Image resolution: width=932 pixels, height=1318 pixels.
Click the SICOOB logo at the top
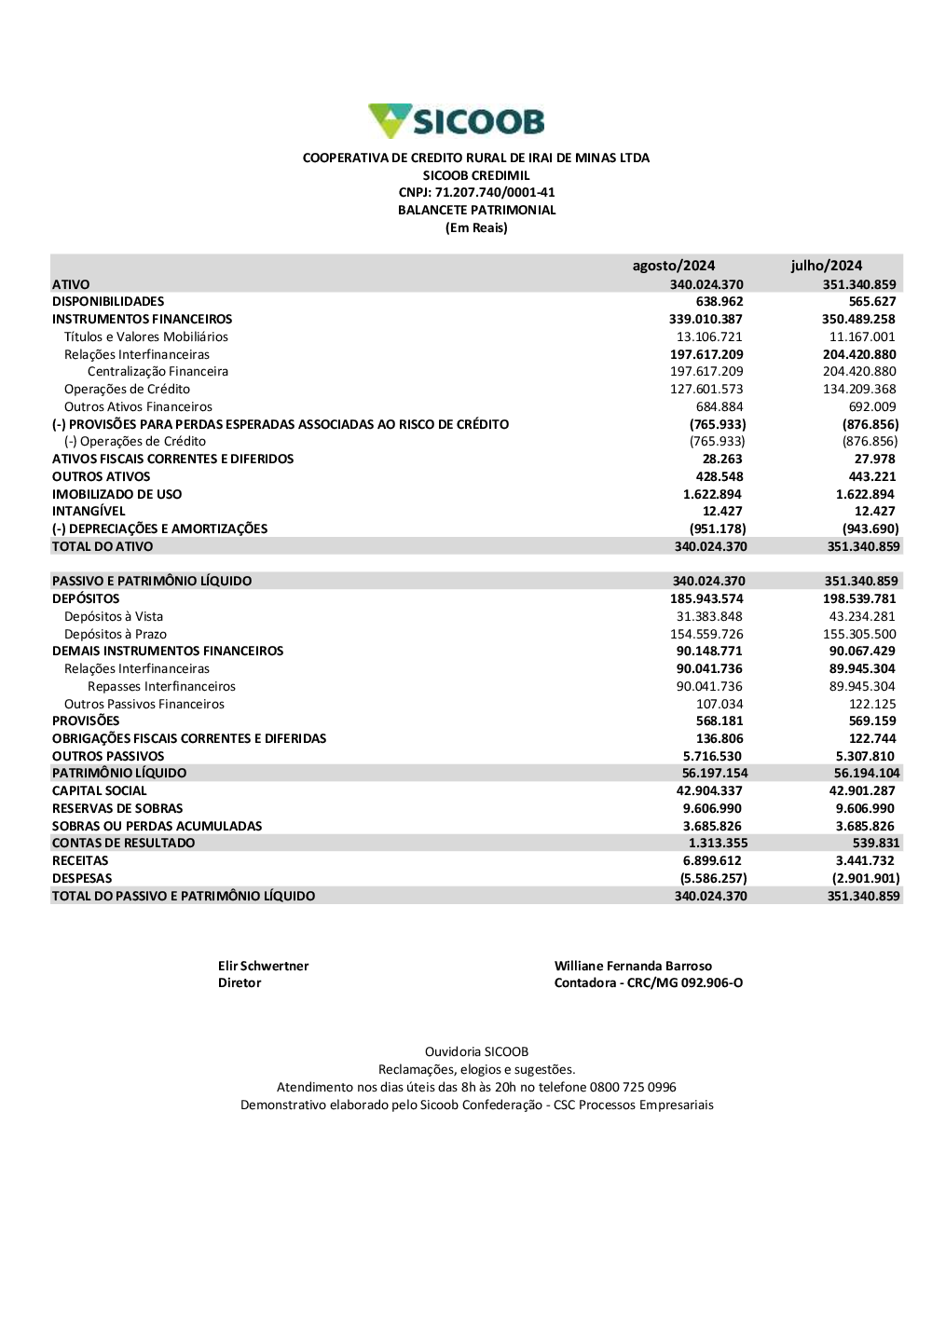point(457,121)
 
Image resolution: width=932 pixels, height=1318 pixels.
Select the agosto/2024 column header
point(673,266)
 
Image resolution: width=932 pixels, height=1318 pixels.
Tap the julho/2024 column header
point(826,266)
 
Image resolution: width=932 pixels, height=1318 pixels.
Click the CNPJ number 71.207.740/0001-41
point(495,193)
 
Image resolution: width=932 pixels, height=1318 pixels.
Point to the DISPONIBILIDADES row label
point(108,302)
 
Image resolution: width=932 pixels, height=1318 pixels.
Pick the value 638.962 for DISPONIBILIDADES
point(720,302)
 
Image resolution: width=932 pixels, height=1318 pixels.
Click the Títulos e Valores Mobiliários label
point(145,337)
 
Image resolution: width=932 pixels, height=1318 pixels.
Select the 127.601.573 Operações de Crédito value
point(706,390)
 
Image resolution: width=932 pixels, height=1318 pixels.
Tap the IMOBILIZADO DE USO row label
point(116,495)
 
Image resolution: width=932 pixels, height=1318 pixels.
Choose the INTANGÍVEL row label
point(89,512)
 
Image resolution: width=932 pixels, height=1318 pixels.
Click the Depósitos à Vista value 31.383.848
point(709,617)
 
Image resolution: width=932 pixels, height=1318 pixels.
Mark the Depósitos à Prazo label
point(116,635)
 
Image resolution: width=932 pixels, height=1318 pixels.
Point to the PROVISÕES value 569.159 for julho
point(872,721)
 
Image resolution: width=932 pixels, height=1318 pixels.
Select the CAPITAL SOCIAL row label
point(100,791)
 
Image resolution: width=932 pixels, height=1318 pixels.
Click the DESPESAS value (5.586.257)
point(713,879)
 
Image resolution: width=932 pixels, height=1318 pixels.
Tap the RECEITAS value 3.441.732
point(865,861)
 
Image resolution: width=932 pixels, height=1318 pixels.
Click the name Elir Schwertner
point(263,967)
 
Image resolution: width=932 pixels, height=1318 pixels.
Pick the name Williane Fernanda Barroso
point(633,967)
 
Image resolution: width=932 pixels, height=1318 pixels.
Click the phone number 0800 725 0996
point(633,1088)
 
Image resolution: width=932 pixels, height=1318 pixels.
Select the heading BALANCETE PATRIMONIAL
point(476,211)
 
